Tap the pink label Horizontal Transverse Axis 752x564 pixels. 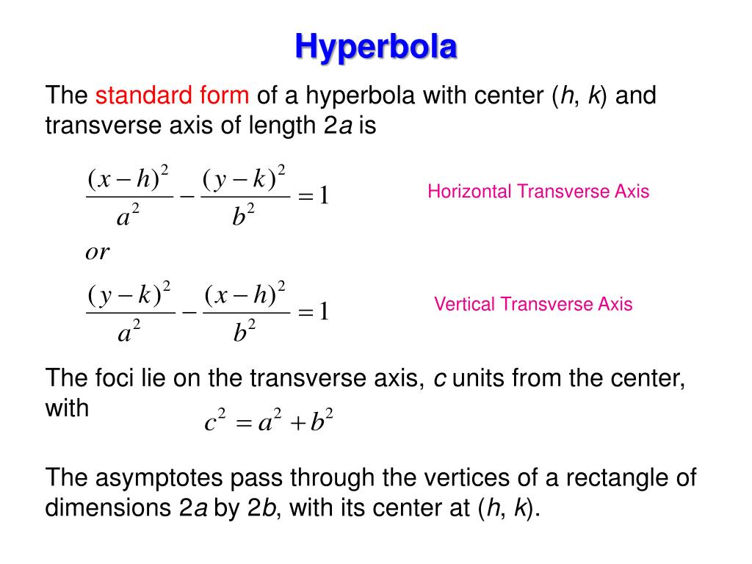tap(538, 192)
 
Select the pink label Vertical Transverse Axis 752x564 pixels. tap(532, 304)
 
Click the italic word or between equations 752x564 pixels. tap(97, 253)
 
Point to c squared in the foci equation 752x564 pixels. tap(214, 424)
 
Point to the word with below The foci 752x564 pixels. tap(67, 408)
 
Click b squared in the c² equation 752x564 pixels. tap(322, 424)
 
